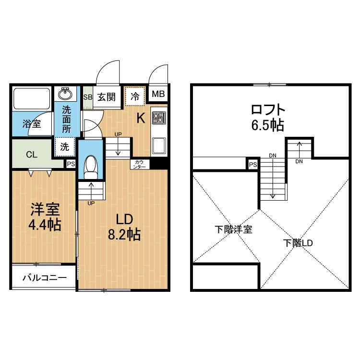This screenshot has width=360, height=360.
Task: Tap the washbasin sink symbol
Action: pos(65,94)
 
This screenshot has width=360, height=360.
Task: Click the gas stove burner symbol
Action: pos(158,118)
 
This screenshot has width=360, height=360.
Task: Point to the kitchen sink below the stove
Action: pos(159,144)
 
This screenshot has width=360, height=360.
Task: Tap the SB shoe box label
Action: pos(87,97)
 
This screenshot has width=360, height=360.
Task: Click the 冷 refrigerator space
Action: pos(135,96)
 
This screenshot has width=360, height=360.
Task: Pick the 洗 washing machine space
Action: pos(65,147)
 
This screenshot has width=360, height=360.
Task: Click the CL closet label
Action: pos(31,154)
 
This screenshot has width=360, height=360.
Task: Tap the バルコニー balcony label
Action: pos(44,277)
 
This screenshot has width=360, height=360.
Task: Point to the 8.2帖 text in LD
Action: pos(123,235)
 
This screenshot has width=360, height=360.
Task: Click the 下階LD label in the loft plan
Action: pos(298,243)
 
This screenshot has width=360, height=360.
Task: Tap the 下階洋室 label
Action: pos(233,229)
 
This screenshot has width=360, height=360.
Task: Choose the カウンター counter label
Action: pos(140,164)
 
